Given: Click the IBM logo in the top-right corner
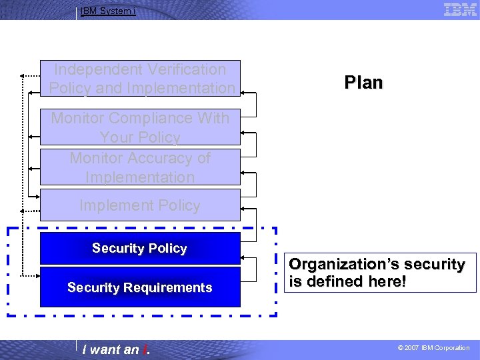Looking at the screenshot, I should coord(460,9).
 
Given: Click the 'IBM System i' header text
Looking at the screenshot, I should coord(108,11).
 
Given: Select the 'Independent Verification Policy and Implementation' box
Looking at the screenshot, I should coord(140,79).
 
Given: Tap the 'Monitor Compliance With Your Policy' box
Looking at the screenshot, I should coord(140,127).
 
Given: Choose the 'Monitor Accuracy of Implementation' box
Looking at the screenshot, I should coord(140,167).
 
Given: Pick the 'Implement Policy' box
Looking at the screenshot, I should coord(140,205).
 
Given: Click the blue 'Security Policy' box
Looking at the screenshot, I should coord(140,249).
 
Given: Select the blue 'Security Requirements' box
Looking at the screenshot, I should coord(140,287).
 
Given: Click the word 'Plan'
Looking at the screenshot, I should coord(363,83).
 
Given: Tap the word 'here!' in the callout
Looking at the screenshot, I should coord(383,281).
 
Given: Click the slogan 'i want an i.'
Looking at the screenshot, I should coord(115,349).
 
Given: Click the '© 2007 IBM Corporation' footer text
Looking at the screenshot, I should coord(433,348).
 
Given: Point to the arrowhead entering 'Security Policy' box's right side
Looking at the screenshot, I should coord(243,255).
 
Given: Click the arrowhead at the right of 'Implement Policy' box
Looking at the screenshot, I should coord(243,210).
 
